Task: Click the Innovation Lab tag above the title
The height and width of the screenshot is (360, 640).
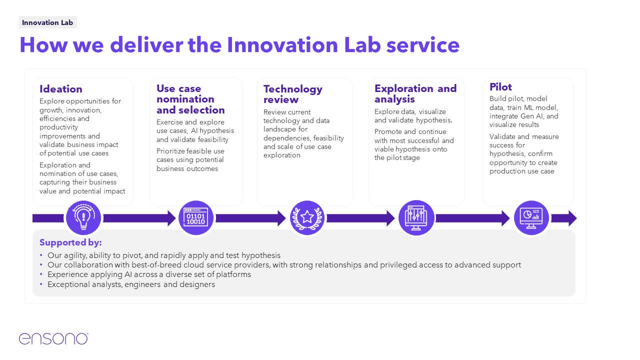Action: pos(47,22)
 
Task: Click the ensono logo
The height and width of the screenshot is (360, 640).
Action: pos(53,338)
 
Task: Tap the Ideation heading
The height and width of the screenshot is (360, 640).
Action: pos(61,89)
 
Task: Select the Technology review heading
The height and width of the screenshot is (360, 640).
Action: pos(293,94)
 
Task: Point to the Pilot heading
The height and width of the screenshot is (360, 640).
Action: pos(500,87)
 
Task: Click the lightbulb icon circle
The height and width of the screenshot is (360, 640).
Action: pos(83,218)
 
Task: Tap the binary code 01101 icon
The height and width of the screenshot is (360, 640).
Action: pos(196,218)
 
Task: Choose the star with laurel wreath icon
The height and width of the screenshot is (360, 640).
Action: pos(307,218)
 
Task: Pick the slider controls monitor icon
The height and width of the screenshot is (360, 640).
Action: pos(416,218)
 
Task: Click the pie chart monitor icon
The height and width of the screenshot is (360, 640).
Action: pos(531,218)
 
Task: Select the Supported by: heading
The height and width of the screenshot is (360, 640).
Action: pos(70,242)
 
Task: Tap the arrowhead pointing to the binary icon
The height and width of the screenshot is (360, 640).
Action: pos(171,218)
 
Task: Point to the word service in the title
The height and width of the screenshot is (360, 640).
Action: pos(423,45)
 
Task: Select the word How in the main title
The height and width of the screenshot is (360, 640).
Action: pos(43,45)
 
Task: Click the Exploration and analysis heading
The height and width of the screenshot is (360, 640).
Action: pos(415,93)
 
